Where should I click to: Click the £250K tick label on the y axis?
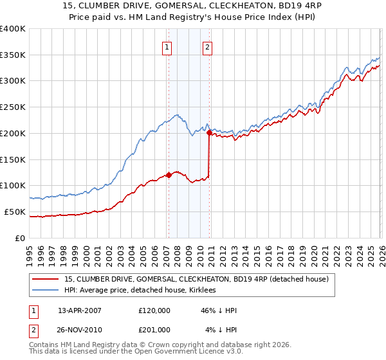coord(13,107)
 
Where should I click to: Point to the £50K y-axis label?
coord(15,212)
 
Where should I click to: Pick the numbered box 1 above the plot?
coord(167,46)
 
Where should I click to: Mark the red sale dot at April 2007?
coord(169,174)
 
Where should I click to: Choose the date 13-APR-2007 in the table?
coord(80,310)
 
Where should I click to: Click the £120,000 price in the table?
coord(154,310)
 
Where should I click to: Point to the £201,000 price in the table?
coord(154,330)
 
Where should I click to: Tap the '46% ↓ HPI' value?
coord(219,310)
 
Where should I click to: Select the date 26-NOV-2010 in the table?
coord(80,330)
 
